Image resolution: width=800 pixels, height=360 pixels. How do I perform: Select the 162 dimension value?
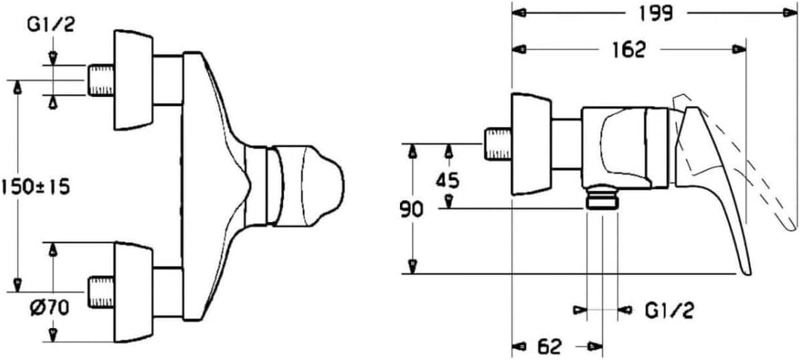click(629, 50)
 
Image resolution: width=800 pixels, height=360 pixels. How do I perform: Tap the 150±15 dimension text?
click(35, 187)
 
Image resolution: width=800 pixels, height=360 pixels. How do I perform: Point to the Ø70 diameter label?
click(49, 308)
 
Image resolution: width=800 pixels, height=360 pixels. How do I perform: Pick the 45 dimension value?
click(448, 179)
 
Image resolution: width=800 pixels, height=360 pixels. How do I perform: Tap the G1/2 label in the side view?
click(669, 310)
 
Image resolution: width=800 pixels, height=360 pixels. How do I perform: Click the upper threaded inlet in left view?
click(101, 80)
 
